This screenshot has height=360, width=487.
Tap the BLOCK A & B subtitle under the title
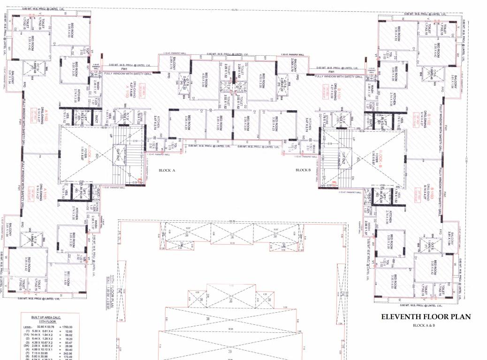click(x=425, y=325)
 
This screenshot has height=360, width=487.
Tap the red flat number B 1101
click(x=324, y=89)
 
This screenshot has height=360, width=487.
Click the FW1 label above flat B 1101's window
click(x=331, y=71)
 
